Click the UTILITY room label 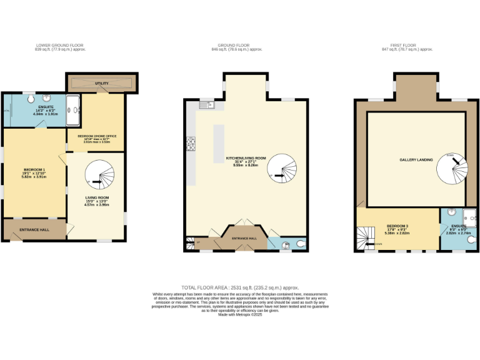point(102,82)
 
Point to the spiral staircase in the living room point(97,175)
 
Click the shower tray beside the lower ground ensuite point(74,111)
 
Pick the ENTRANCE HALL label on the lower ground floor point(34,230)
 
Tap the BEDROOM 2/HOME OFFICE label point(96,137)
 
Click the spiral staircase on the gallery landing point(451,166)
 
